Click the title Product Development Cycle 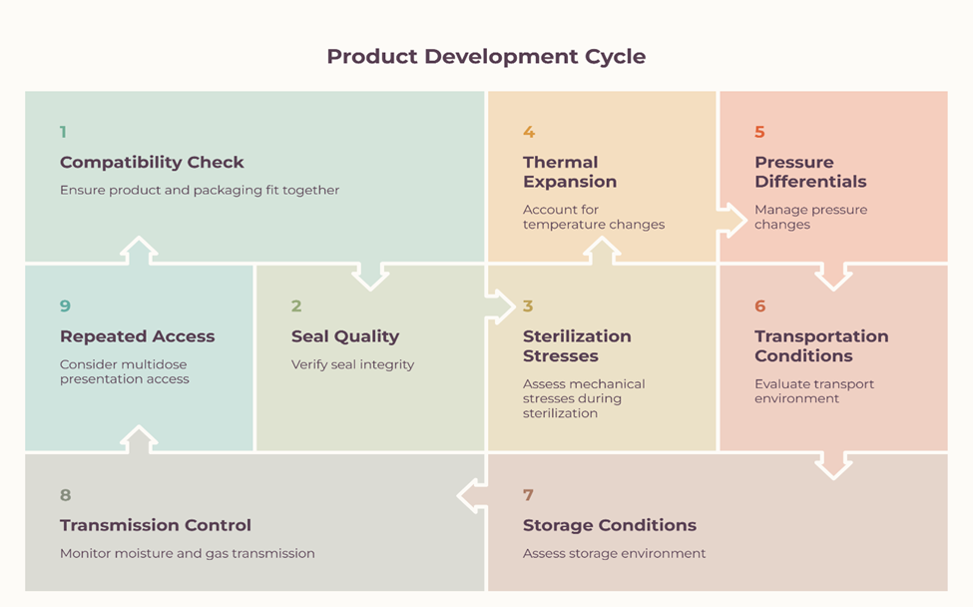pos(486,57)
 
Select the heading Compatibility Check pos(152,162)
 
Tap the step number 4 pos(529,132)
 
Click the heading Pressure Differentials pos(810,172)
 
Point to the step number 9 pos(65,305)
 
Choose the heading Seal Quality pos(345,336)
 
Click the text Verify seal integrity pos(352,364)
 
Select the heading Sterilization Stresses pos(577,345)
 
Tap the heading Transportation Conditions pos(821,345)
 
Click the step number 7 pos(528,494)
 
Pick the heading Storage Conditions pos(610,525)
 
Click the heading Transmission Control pos(156,525)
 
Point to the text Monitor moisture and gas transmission pos(188,553)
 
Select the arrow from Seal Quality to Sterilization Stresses pos(501,306)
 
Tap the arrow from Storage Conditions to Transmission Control pos(472,496)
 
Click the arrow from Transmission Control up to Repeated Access pos(139,439)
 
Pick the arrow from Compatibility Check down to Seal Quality pos(370,277)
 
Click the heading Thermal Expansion pos(570,172)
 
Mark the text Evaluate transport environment pos(814,391)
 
